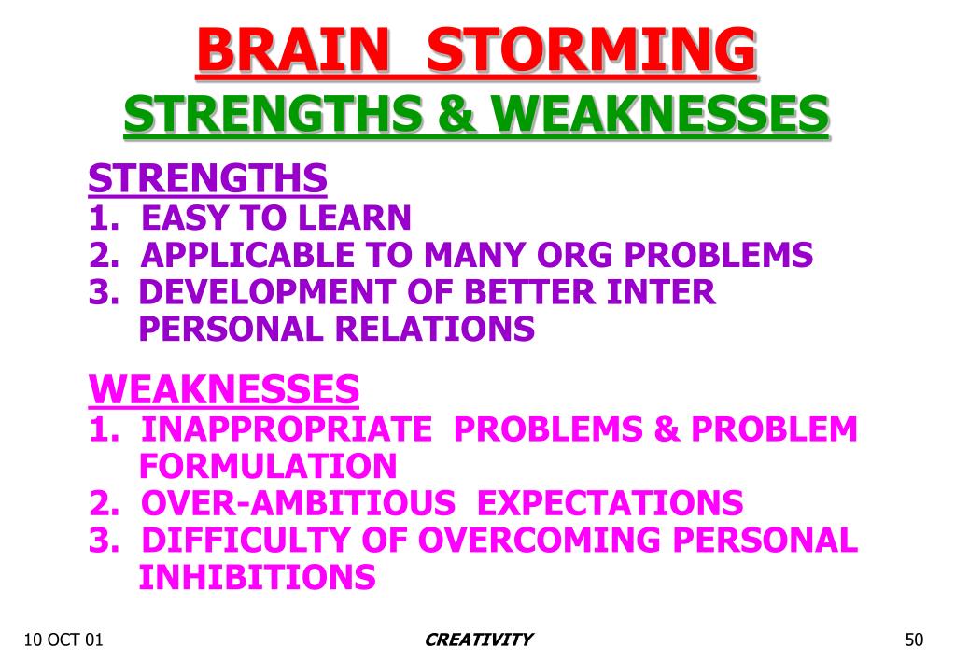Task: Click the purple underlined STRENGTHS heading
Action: (x=207, y=177)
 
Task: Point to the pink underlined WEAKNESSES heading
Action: (x=224, y=388)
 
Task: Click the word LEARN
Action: (x=355, y=218)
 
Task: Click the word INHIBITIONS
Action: (x=257, y=578)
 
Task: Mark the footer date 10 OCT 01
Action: (x=63, y=640)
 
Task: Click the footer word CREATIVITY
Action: (x=478, y=640)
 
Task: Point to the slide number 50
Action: (x=914, y=640)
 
